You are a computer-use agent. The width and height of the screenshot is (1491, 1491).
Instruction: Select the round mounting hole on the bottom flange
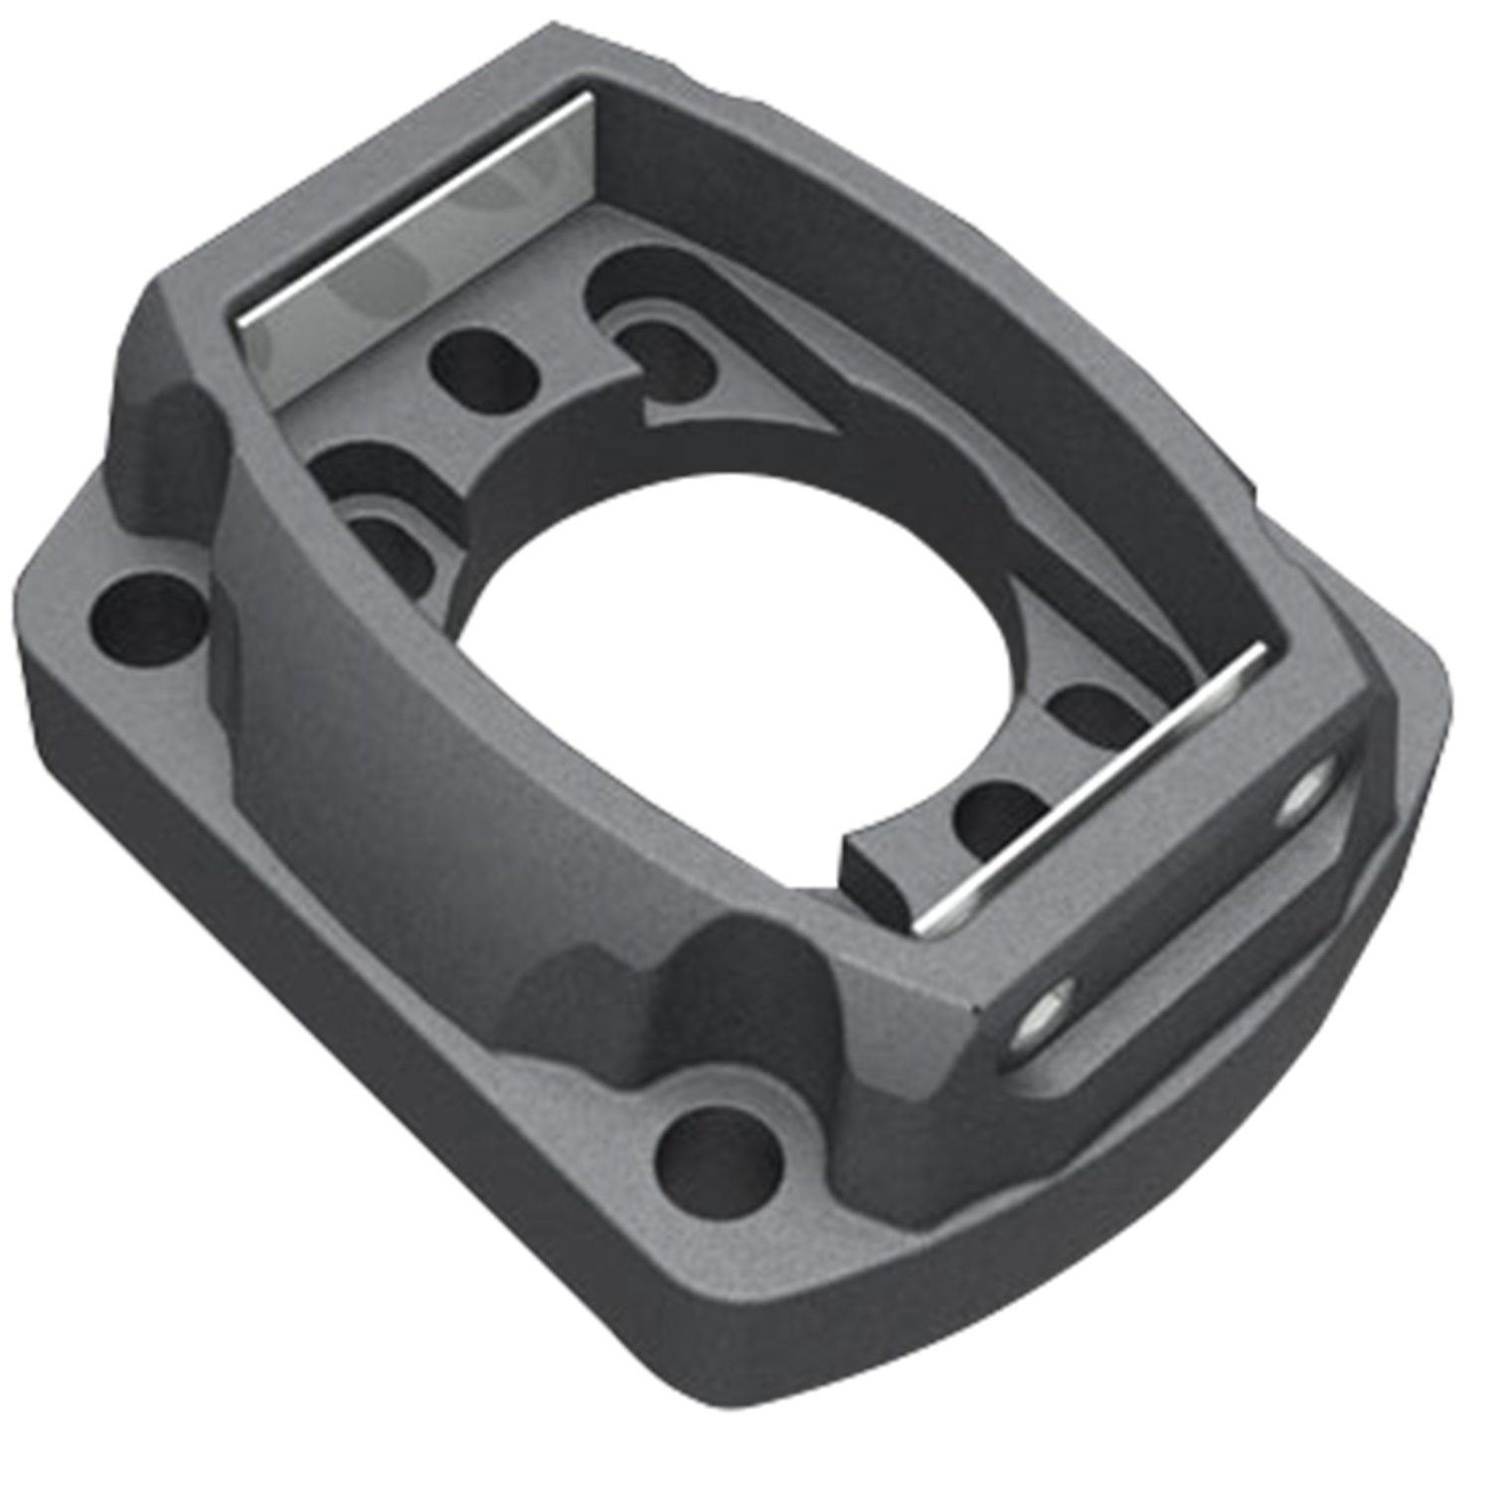pos(718,1161)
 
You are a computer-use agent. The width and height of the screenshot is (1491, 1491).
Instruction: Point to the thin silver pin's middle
pos(1093,790)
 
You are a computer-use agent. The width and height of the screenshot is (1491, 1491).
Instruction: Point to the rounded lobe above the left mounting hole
pos(164,417)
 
